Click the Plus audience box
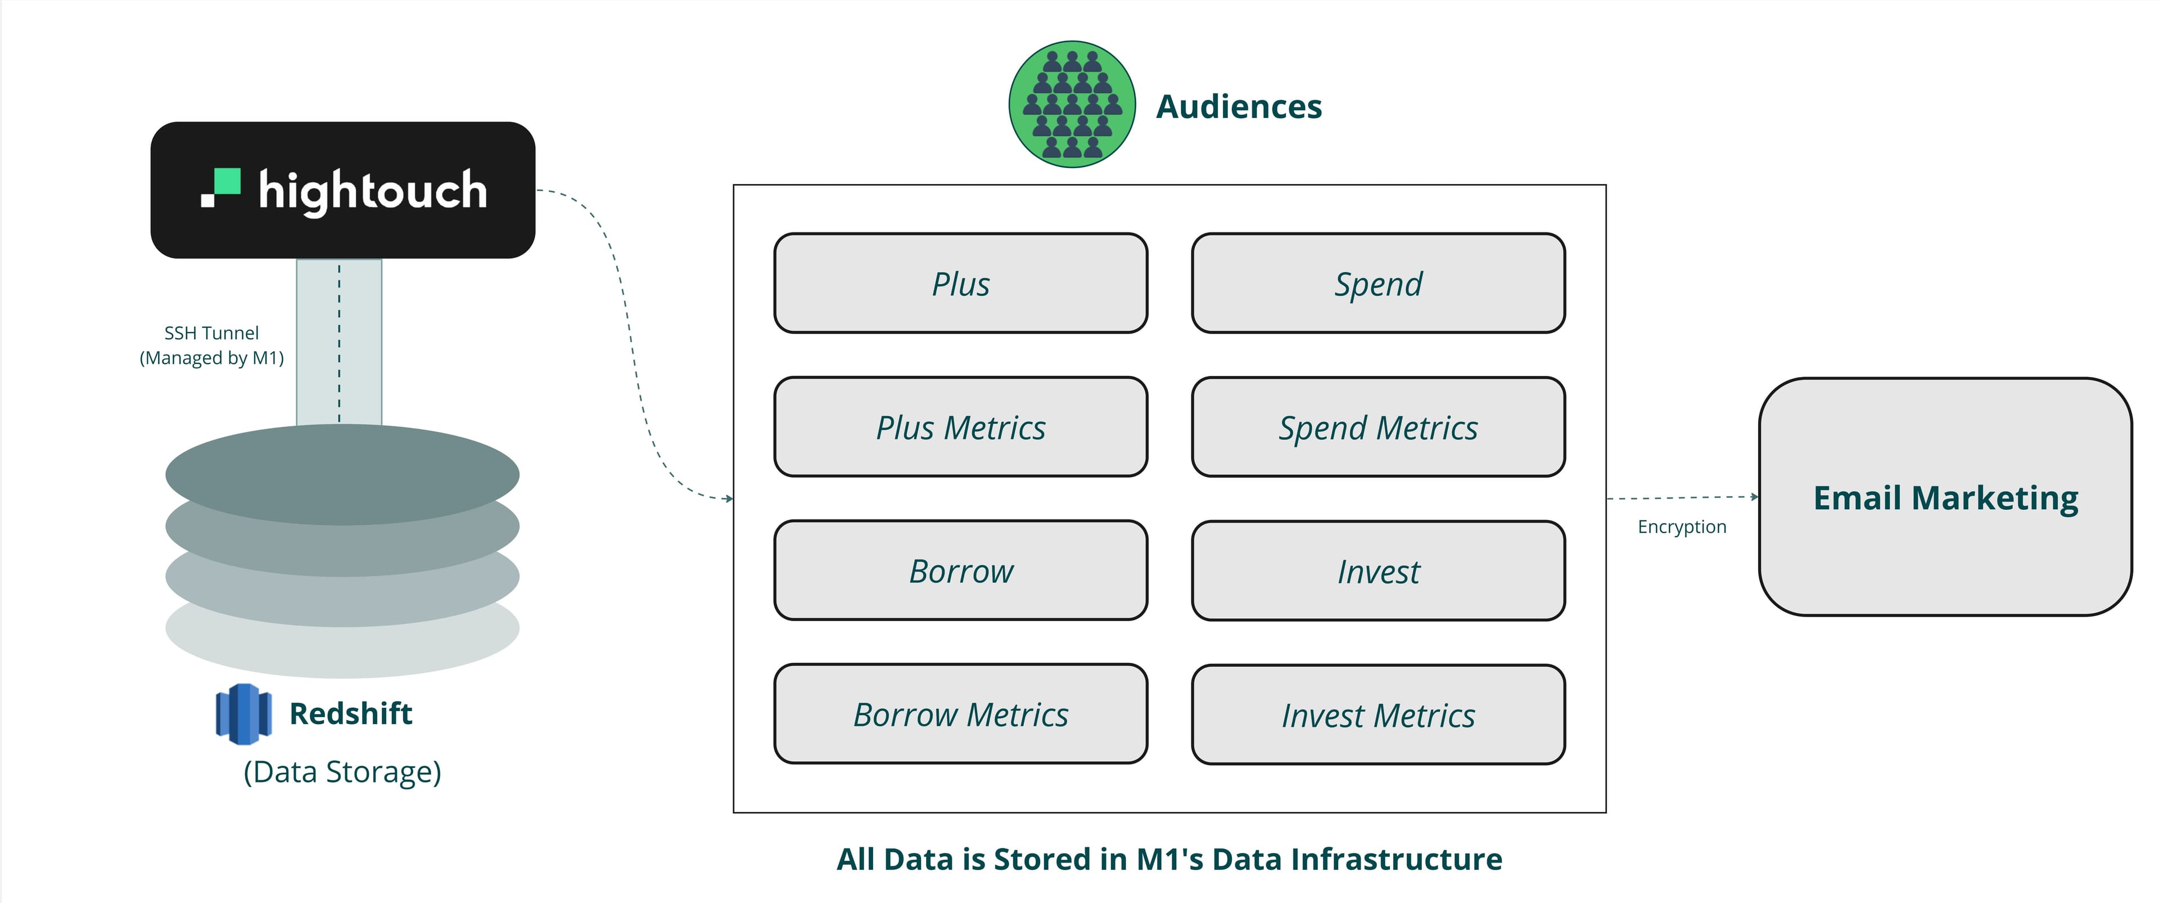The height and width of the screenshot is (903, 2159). click(960, 284)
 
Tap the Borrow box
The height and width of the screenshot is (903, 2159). click(960, 571)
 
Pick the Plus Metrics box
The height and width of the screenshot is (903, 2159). click(960, 428)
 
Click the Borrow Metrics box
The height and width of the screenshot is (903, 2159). click(960, 715)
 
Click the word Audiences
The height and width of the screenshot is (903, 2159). click(1238, 106)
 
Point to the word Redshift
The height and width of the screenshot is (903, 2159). click(350, 713)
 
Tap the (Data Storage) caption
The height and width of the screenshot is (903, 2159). click(342, 771)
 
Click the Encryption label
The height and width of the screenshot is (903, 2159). click(1681, 527)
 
